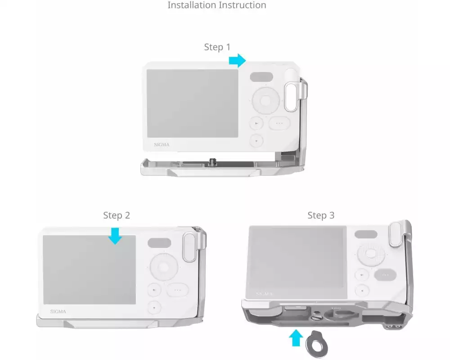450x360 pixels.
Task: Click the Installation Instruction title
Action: (217, 5)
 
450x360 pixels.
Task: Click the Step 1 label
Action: (217, 47)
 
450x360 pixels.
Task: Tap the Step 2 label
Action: (117, 215)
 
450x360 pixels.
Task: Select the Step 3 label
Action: (321, 215)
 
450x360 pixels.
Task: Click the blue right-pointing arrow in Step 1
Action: (237, 61)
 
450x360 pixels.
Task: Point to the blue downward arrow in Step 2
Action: (115, 236)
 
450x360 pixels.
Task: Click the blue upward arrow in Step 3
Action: (296, 338)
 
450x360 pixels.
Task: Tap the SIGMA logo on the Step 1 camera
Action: (162, 145)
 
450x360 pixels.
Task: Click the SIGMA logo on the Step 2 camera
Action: (58, 311)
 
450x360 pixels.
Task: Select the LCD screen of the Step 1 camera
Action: (192, 103)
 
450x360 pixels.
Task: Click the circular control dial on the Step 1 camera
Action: (266, 101)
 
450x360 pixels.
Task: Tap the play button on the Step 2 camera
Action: (154, 290)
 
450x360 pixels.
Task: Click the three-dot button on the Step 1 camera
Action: (279, 123)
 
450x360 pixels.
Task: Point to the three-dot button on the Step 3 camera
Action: (386, 275)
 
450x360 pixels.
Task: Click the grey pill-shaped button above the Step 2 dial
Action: (159, 243)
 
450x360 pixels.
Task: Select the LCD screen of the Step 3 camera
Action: (297, 262)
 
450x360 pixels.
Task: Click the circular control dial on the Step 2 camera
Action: (164, 267)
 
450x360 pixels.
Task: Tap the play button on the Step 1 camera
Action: (256, 123)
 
